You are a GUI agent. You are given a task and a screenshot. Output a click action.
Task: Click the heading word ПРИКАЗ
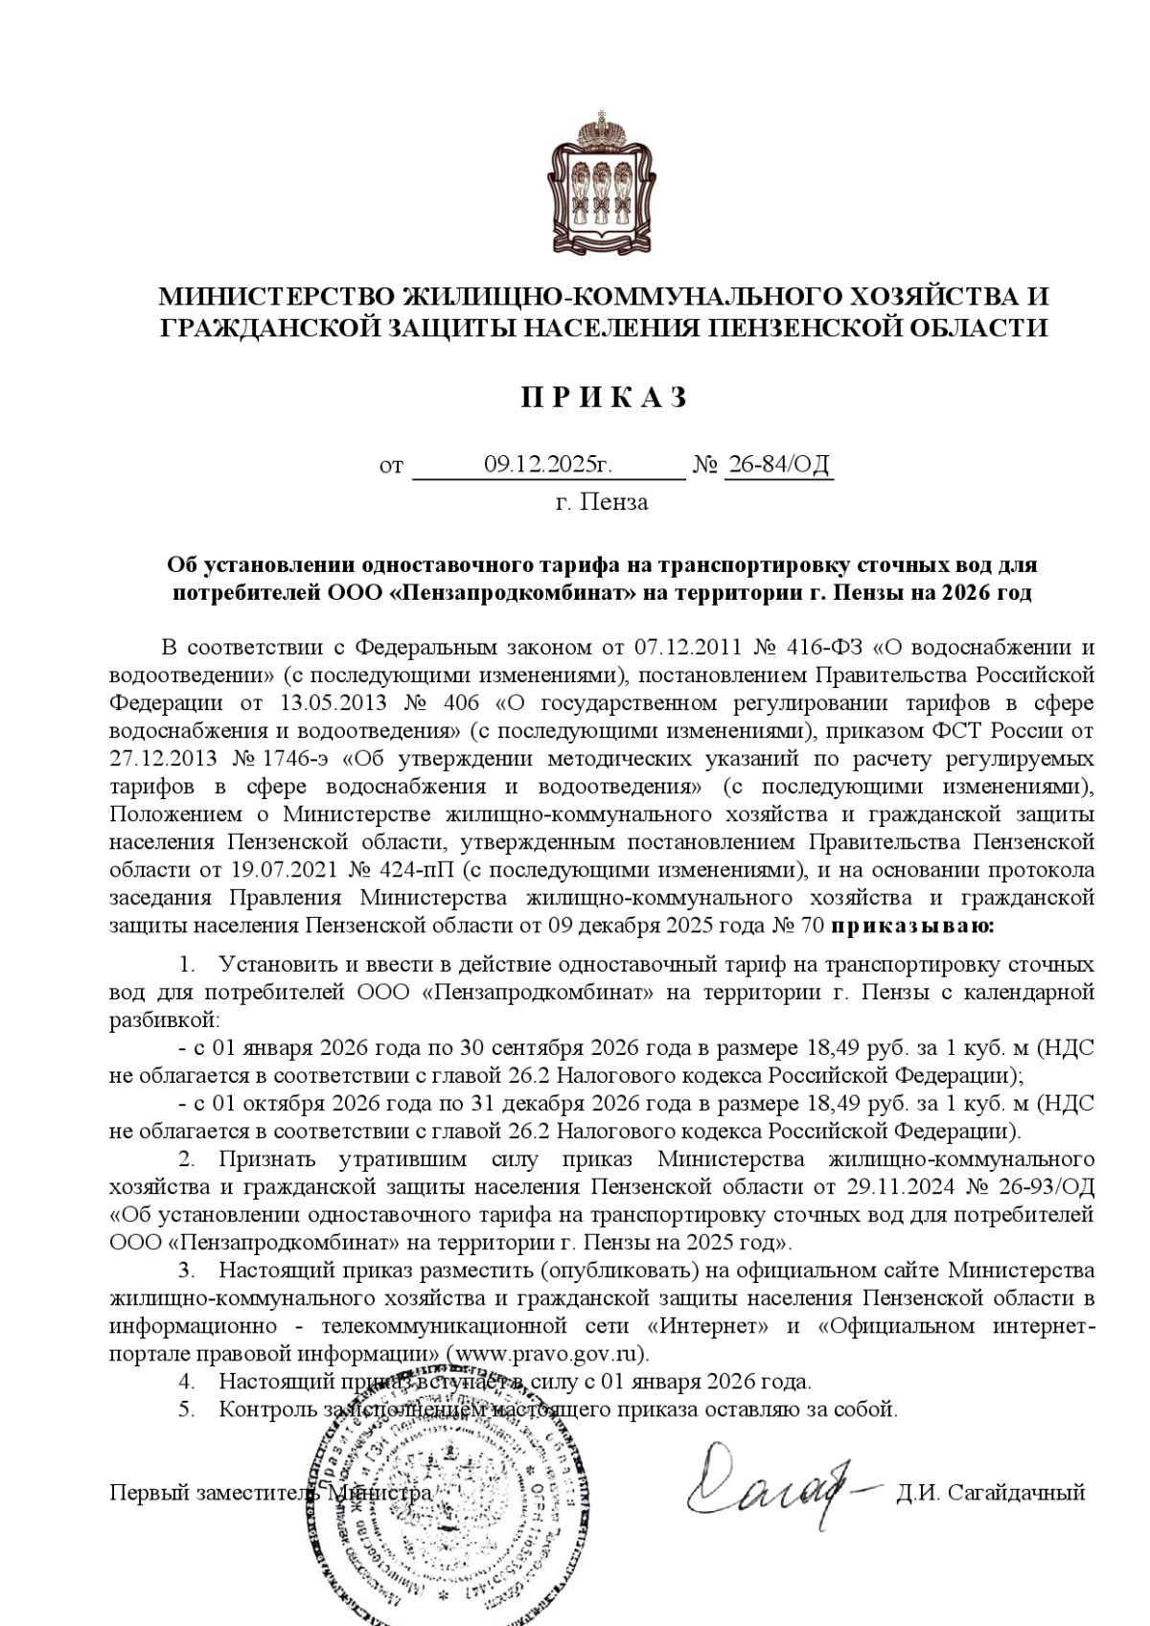point(603,399)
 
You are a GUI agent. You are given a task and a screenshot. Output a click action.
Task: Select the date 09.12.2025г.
point(547,466)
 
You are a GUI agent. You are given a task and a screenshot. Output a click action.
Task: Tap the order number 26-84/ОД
point(778,466)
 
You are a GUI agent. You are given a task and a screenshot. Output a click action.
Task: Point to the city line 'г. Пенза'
point(602,502)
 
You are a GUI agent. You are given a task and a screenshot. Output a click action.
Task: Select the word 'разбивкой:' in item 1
point(165,1019)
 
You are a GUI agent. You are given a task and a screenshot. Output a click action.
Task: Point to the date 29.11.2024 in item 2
point(902,1187)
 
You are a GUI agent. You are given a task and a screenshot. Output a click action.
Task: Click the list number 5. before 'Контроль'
point(187,1409)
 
